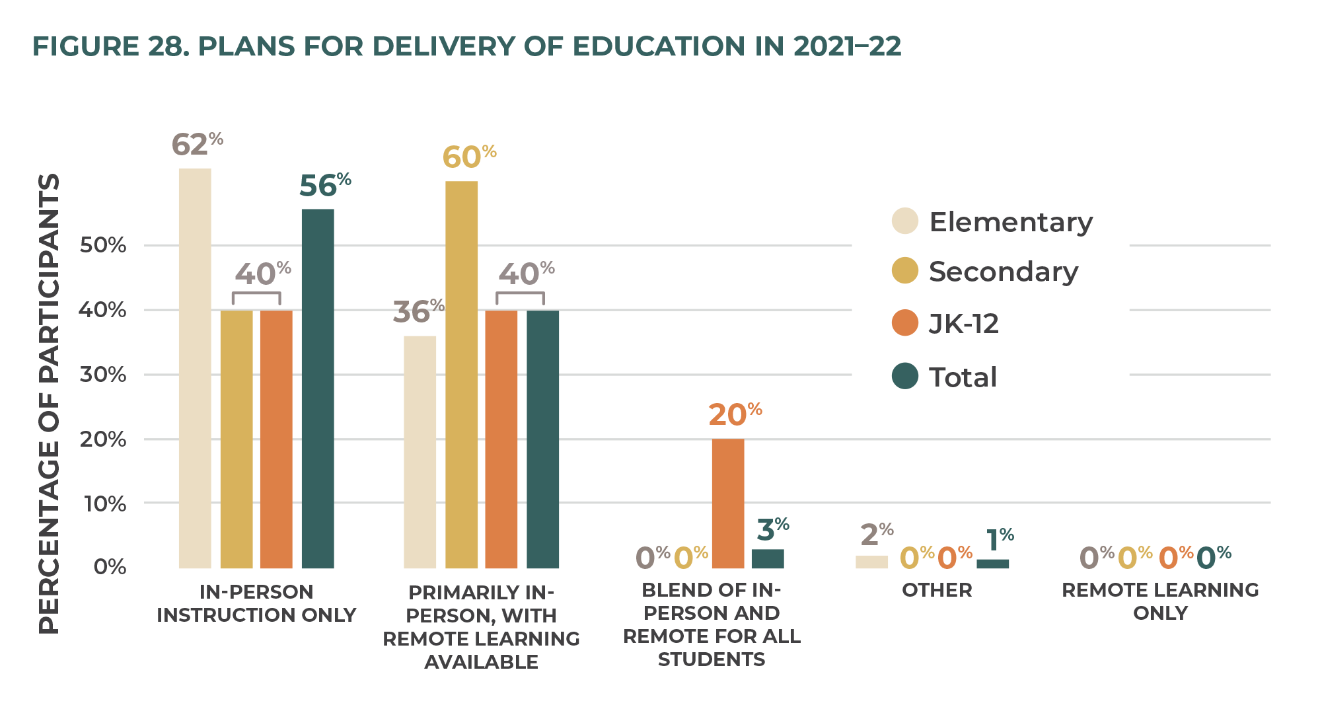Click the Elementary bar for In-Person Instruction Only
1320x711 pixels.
coord(195,368)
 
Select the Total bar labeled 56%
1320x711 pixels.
coord(318,389)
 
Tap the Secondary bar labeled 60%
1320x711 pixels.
coord(461,374)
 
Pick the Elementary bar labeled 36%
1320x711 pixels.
coord(420,452)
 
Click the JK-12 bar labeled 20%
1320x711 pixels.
coord(728,503)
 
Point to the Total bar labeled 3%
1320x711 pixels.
coord(768,558)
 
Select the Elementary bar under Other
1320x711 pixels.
coord(871,562)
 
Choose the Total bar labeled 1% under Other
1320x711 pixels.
coord(992,564)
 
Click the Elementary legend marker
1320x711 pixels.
coord(904,221)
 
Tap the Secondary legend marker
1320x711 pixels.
coord(904,270)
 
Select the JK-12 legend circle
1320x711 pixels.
coord(904,322)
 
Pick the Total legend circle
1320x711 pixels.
coord(904,376)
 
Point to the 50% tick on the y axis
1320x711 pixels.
coord(102,245)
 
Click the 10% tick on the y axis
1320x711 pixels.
coord(102,504)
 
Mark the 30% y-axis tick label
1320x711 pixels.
coord(102,375)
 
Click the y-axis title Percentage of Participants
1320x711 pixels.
coord(49,403)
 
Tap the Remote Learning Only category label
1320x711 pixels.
coord(1160,601)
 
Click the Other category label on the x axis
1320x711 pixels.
coord(937,590)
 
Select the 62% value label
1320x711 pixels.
coord(196,144)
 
